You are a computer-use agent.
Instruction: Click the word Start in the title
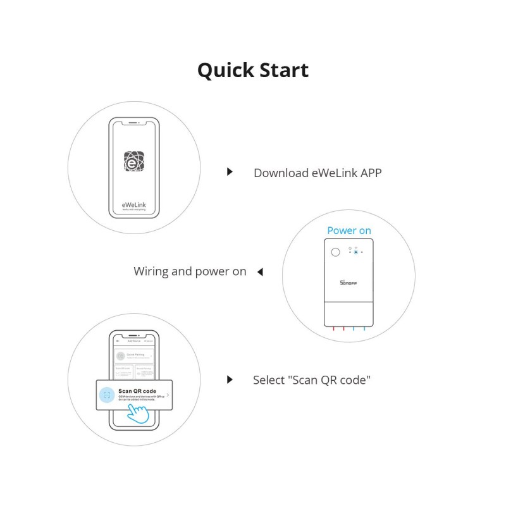(x=282, y=70)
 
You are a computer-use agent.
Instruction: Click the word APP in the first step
(x=371, y=173)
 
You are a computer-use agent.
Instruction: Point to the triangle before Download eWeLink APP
(x=230, y=172)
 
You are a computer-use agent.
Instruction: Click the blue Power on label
(x=349, y=230)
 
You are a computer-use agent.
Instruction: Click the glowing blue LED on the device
(x=355, y=252)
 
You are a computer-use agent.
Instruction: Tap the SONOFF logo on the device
(x=349, y=283)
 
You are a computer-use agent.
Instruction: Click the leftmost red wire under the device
(x=333, y=329)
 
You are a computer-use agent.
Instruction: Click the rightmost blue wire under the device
(x=364, y=329)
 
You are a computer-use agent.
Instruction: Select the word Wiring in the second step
(x=151, y=271)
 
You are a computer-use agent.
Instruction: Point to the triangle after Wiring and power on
(x=259, y=272)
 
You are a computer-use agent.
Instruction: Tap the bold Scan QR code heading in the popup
(x=137, y=391)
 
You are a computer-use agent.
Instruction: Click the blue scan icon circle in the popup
(x=108, y=395)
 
